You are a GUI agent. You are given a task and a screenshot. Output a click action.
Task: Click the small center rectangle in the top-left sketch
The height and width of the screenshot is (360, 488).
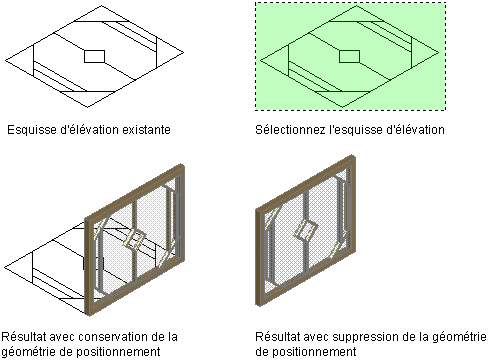[95, 56]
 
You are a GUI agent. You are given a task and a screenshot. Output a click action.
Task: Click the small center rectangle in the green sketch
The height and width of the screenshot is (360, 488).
[349, 56]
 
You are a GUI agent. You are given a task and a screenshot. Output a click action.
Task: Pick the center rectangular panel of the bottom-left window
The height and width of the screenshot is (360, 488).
[134, 240]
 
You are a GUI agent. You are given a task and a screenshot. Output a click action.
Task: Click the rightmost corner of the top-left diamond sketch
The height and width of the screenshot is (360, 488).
[184, 52]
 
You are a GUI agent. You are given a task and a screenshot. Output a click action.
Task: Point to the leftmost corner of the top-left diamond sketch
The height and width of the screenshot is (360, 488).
[5, 61]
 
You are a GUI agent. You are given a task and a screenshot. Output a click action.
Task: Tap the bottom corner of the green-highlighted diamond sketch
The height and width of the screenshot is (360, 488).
[343, 107]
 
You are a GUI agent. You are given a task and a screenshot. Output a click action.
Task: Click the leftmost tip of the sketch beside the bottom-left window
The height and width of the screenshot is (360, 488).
[4, 267]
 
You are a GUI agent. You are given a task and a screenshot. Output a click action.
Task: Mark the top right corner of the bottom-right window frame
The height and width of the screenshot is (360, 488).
[353, 155]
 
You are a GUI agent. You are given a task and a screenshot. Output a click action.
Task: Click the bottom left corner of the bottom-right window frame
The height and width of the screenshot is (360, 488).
[256, 304]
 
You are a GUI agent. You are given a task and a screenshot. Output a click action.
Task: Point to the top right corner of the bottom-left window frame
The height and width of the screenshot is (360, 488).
[183, 164]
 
